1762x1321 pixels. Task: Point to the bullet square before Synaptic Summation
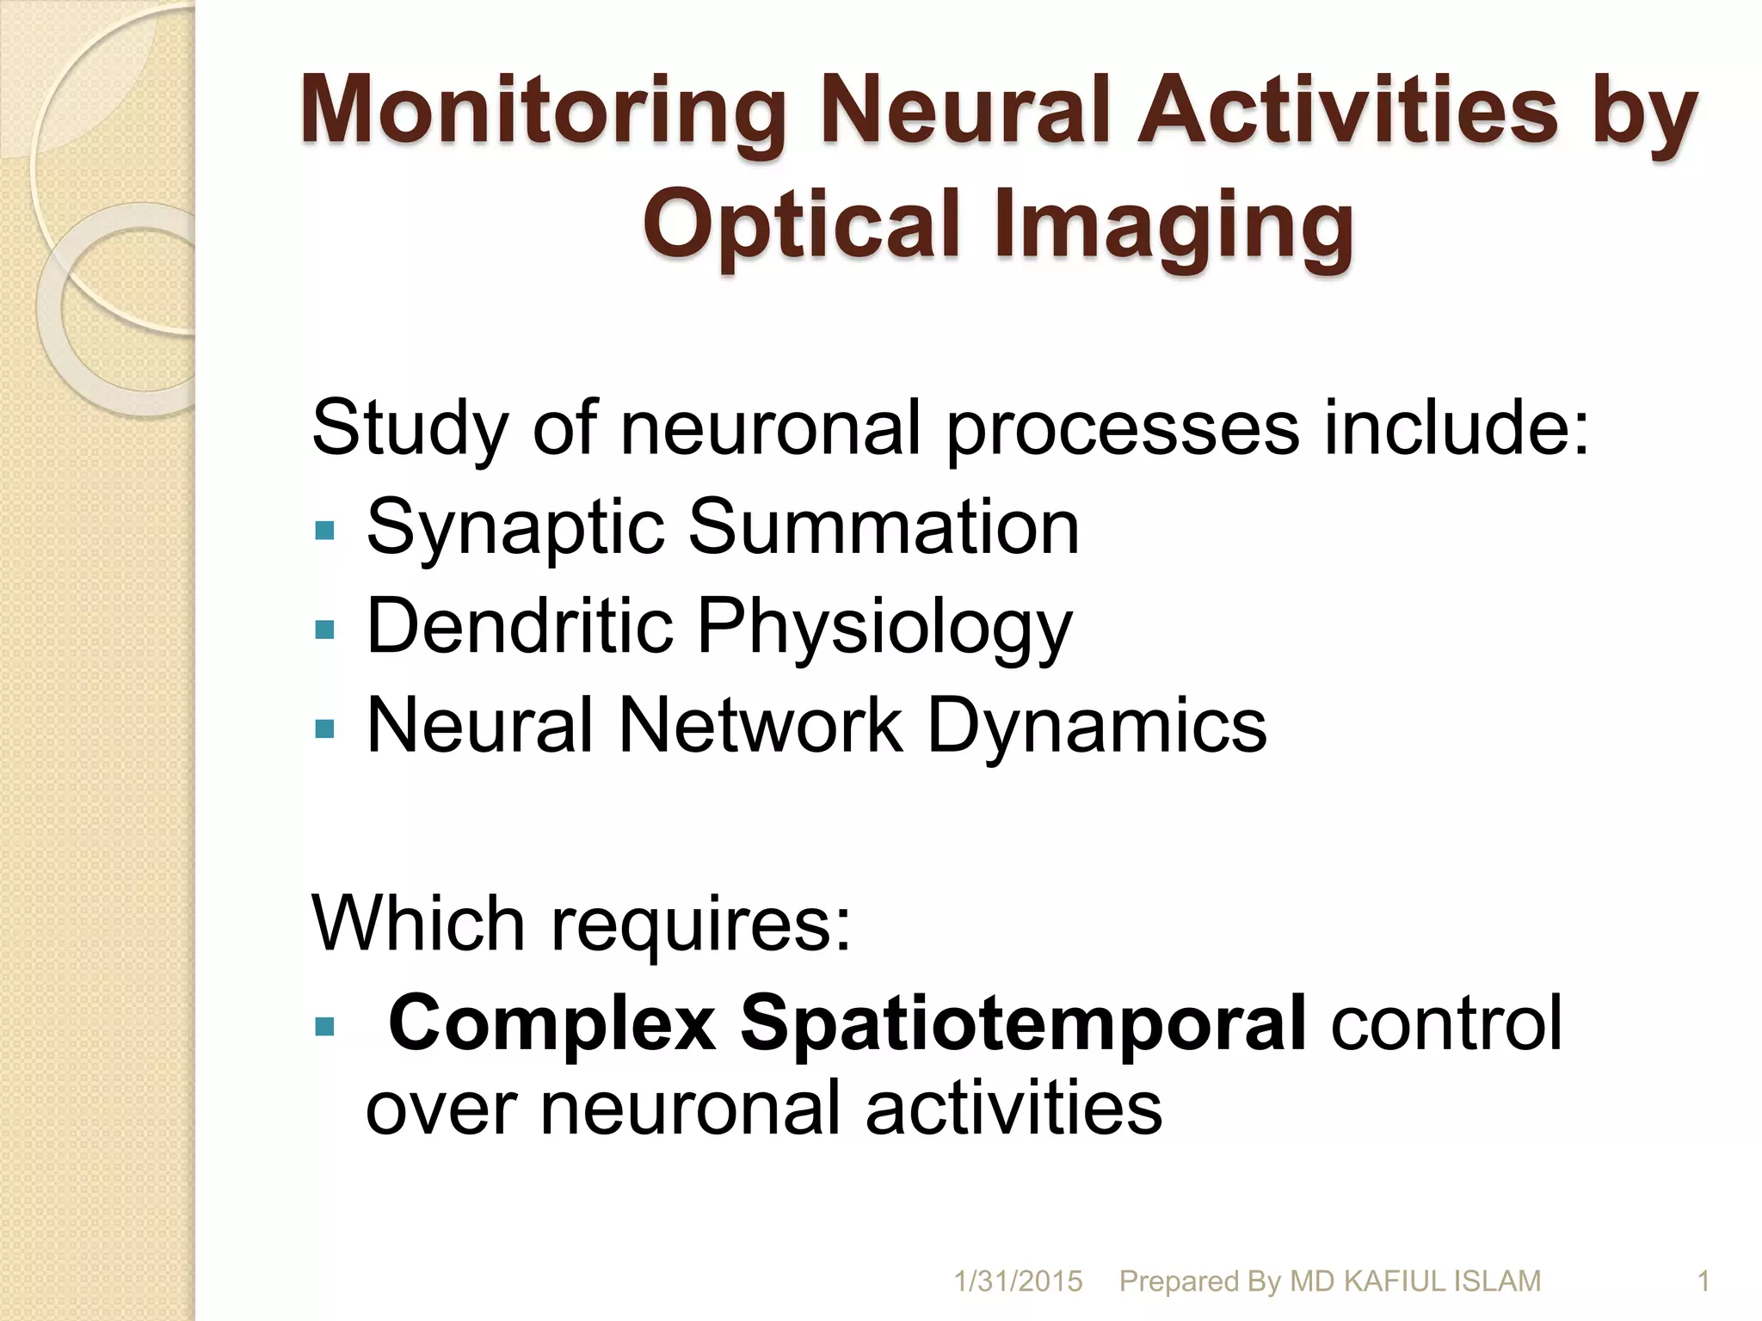click(x=324, y=530)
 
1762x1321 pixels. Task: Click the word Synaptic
click(x=515, y=528)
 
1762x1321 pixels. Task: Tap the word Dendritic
click(x=520, y=625)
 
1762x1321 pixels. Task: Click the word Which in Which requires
click(x=418, y=924)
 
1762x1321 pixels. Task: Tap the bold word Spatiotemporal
click(x=1024, y=1023)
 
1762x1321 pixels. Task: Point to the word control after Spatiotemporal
click(x=1446, y=1023)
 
